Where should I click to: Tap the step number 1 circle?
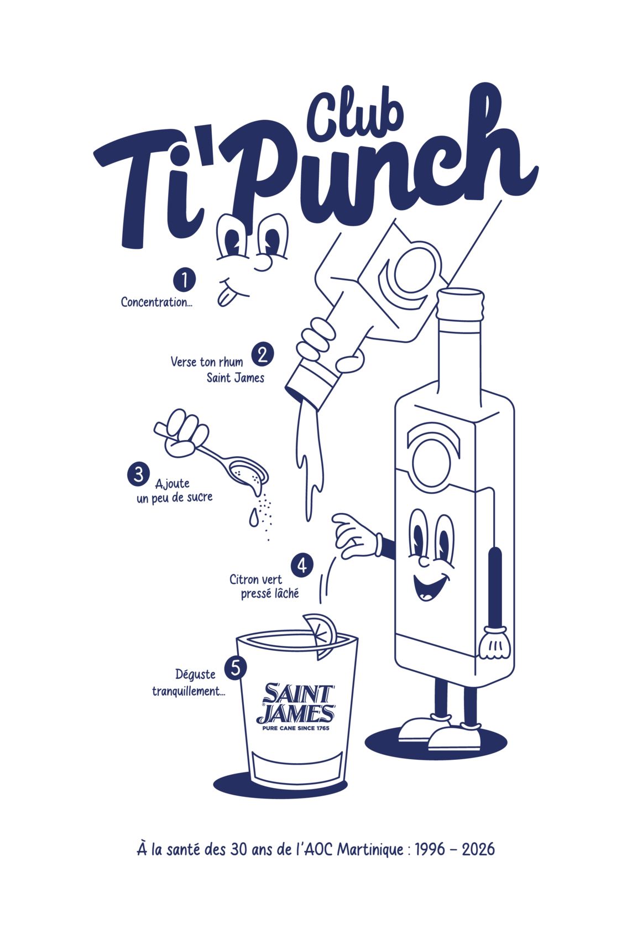pyautogui.click(x=184, y=279)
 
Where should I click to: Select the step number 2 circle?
pyautogui.click(x=262, y=355)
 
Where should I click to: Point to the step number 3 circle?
pyautogui.click(x=138, y=474)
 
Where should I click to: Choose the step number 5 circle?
pyautogui.click(x=236, y=667)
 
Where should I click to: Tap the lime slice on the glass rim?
pyautogui.click(x=321, y=635)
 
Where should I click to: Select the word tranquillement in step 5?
pyautogui.click(x=189, y=691)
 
